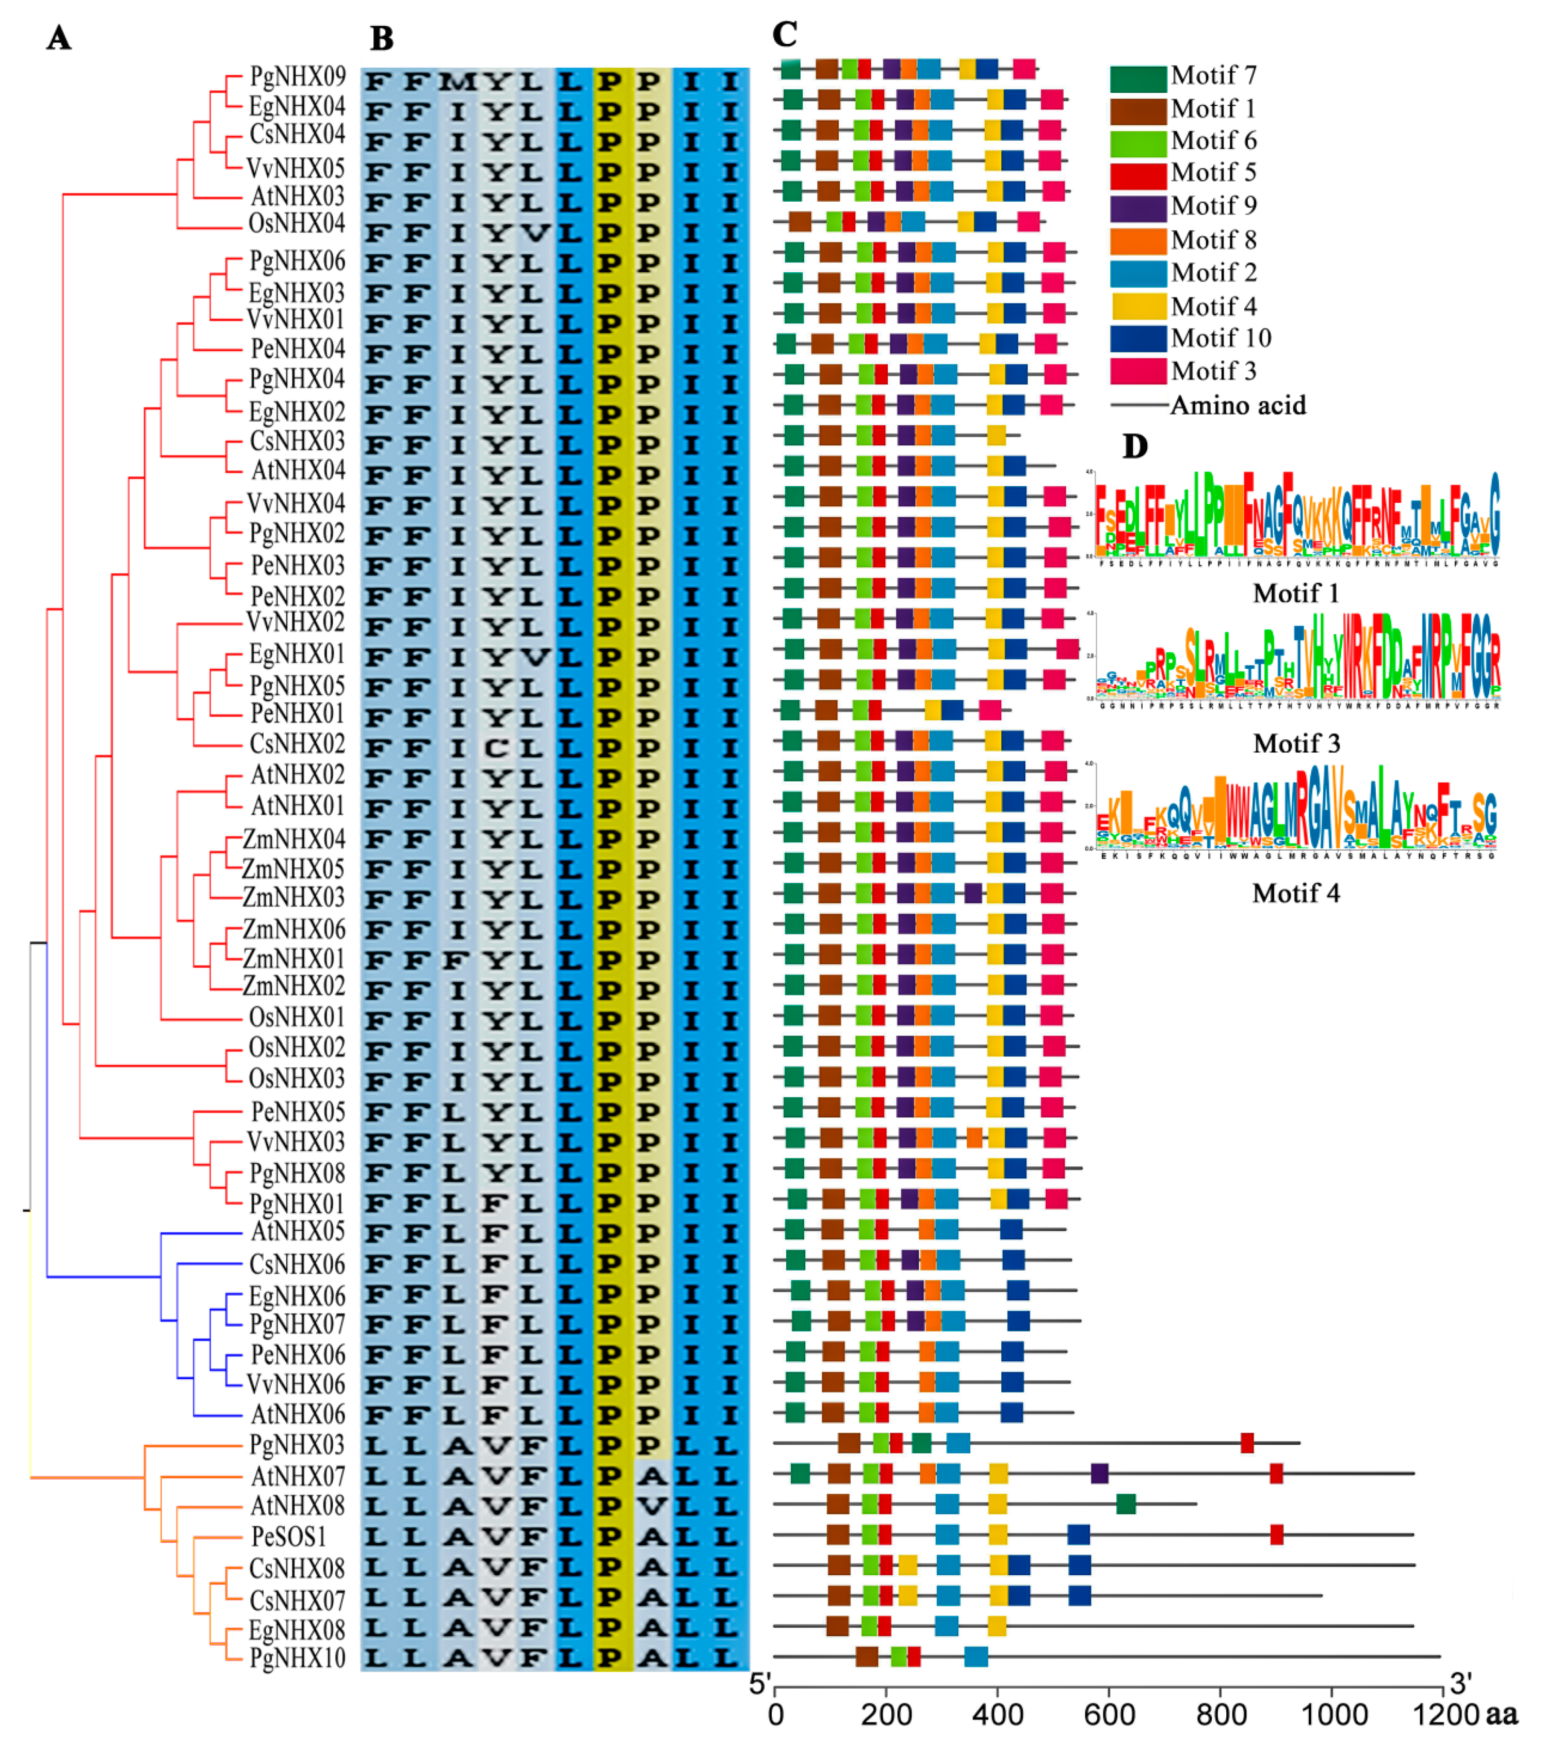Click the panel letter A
58,39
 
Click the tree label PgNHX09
297,77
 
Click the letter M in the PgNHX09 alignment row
458,82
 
